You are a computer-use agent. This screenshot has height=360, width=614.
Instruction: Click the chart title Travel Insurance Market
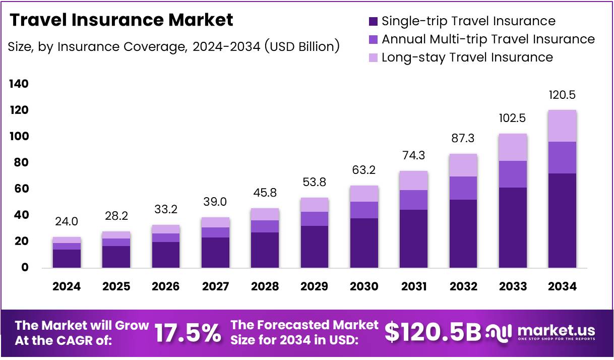tap(121, 20)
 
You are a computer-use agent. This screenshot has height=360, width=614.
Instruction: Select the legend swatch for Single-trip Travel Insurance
tap(373, 21)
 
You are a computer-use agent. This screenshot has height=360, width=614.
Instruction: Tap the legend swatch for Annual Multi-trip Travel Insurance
tap(373, 39)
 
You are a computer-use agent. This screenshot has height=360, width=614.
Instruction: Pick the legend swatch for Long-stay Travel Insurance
tap(373, 57)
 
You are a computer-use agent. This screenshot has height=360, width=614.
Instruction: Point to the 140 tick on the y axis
tap(19, 84)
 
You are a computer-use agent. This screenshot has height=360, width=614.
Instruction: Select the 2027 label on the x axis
tap(215, 286)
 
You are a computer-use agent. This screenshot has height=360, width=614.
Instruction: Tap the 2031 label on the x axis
tap(414, 286)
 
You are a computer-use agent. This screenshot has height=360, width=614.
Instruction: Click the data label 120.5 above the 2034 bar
tap(562, 95)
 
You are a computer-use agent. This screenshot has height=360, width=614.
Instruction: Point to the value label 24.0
tap(67, 221)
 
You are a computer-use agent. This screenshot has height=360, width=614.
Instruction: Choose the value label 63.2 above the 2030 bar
tap(364, 170)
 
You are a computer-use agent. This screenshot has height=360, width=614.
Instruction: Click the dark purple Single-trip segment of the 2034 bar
tap(562, 220)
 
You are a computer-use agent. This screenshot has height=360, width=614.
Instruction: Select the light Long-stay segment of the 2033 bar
tap(513, 147)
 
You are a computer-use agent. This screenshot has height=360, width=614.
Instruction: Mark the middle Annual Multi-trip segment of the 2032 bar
tap(463, 188)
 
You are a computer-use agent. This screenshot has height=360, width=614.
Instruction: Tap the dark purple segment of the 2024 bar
tap(67, 258)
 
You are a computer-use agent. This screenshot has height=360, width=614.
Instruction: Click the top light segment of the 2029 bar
tap(315, 205)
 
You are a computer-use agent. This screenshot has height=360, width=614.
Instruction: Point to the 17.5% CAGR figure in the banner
tap(188, 333)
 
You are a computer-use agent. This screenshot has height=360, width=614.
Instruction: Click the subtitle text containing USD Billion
tap(174, 47)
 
